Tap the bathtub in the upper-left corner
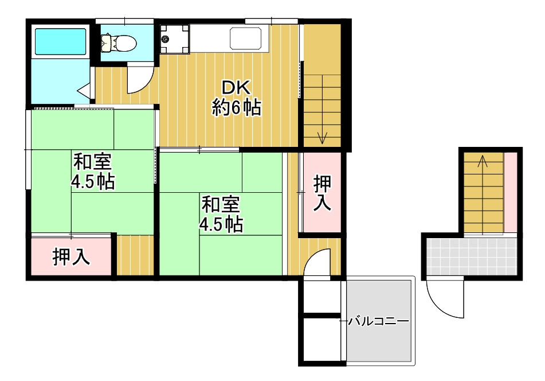60,41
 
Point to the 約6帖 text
237,107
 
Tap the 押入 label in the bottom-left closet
71,257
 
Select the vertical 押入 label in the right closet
322,193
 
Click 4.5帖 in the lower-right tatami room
221,224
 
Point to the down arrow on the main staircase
323,137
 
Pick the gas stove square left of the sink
174,39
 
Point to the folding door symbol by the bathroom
84,90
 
